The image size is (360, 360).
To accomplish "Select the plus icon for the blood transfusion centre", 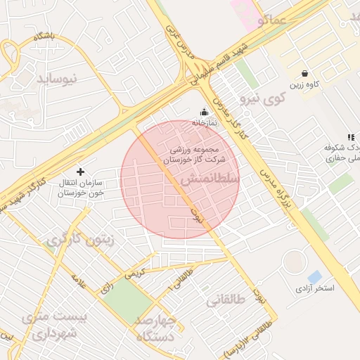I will click(80, 172).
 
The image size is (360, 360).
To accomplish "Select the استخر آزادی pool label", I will click(314, 288).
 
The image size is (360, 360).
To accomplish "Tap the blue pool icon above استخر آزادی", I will click(315, 277).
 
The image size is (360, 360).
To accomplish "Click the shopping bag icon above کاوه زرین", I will click(304, 73).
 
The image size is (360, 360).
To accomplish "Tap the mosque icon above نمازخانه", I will click(205, 111).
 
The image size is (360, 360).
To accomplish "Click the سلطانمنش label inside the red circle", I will click(210, 180).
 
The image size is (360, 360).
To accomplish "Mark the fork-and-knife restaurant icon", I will click(350, 137).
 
